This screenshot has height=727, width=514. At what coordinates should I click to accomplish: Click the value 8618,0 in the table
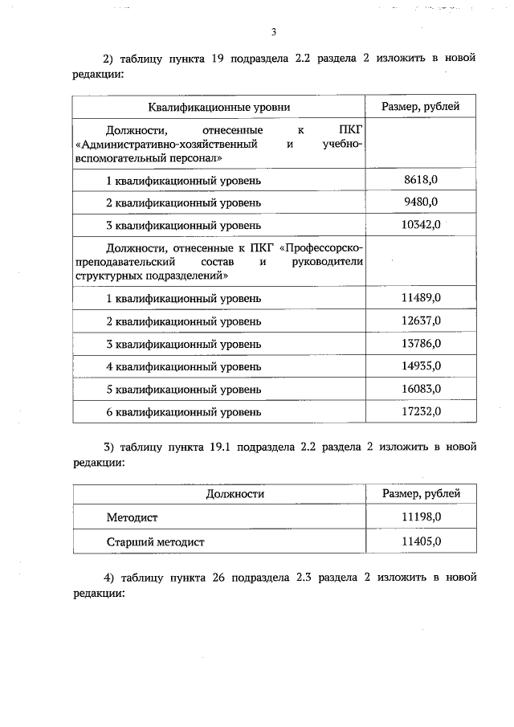pyautogui.click(x=422, y=179)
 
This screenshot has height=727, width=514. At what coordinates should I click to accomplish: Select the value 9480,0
pyautogui.click(x=422, y=202)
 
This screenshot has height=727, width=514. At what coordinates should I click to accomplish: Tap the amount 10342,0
pyautogui.click(x=422, y=224)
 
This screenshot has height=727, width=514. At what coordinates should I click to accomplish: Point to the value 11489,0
pyautogui.click(x=422, y=298)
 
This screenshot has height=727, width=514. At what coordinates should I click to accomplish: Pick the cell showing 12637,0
pyautogui.click(x=422, y=321)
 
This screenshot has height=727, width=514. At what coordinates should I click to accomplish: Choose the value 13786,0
pyautogui.click(x=422, y=343)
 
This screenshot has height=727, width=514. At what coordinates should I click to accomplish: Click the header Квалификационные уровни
pyautogui.click(x=218, y=107)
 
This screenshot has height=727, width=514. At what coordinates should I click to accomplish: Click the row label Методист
pyautogui.click(x=132, y=518)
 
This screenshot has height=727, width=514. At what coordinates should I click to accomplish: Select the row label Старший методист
pyautogui.click(x=156, y=541)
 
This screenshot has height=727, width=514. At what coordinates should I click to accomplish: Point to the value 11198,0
pyautogui.click(x=422, y=518)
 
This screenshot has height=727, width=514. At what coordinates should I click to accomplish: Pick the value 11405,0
pyautogui.click(x=422, y=541)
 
